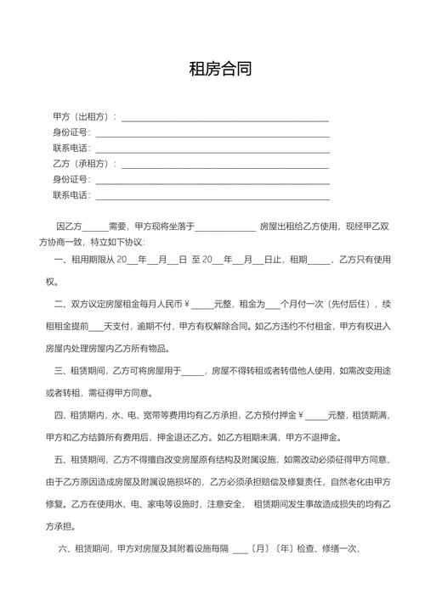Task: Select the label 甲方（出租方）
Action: pos(83,116)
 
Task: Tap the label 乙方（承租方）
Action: pos(83,163)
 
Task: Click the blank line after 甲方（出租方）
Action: pos(224,118)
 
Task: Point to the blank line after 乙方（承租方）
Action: pos(224,165)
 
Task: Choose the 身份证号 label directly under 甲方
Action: pos(71,132)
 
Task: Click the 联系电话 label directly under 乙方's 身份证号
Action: pos(71,195)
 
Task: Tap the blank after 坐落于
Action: pos(225,227)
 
